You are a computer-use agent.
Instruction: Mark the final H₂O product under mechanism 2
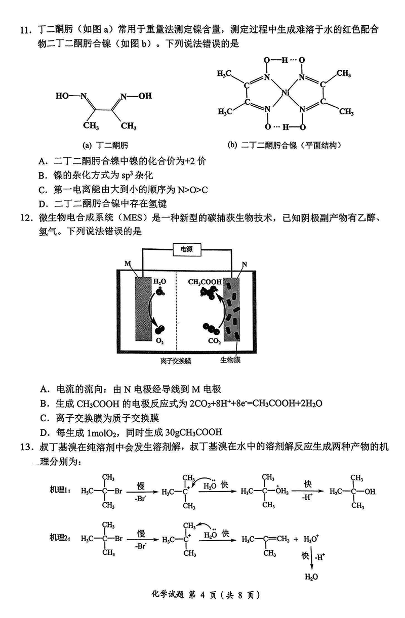tap(311, 577)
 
